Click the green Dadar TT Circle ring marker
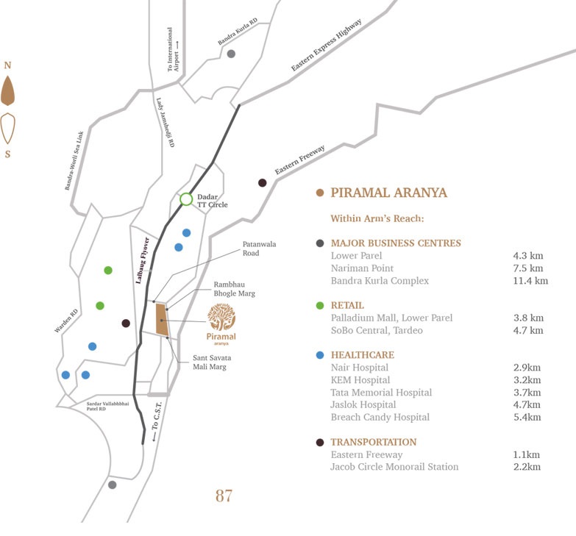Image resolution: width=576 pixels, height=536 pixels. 186,199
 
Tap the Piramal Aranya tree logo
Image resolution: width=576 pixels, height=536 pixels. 221,317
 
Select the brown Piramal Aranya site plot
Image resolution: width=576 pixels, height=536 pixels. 162,319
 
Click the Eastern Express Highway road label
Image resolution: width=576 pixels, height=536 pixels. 326,46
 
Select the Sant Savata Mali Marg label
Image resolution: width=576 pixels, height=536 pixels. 212,362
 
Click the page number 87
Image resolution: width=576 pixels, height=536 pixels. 224,496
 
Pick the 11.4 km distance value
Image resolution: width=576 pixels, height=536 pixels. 530,281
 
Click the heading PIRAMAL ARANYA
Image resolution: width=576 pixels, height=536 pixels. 389,193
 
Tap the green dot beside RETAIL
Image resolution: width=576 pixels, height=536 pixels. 319,305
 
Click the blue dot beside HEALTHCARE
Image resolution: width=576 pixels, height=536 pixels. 319,355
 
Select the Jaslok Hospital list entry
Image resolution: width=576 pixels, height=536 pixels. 363,404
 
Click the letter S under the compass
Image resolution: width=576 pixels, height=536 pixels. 8,154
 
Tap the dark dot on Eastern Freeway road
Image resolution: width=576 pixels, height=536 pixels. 262,182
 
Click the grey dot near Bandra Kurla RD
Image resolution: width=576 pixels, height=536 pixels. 231,54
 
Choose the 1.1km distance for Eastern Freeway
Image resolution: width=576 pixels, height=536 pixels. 527,455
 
